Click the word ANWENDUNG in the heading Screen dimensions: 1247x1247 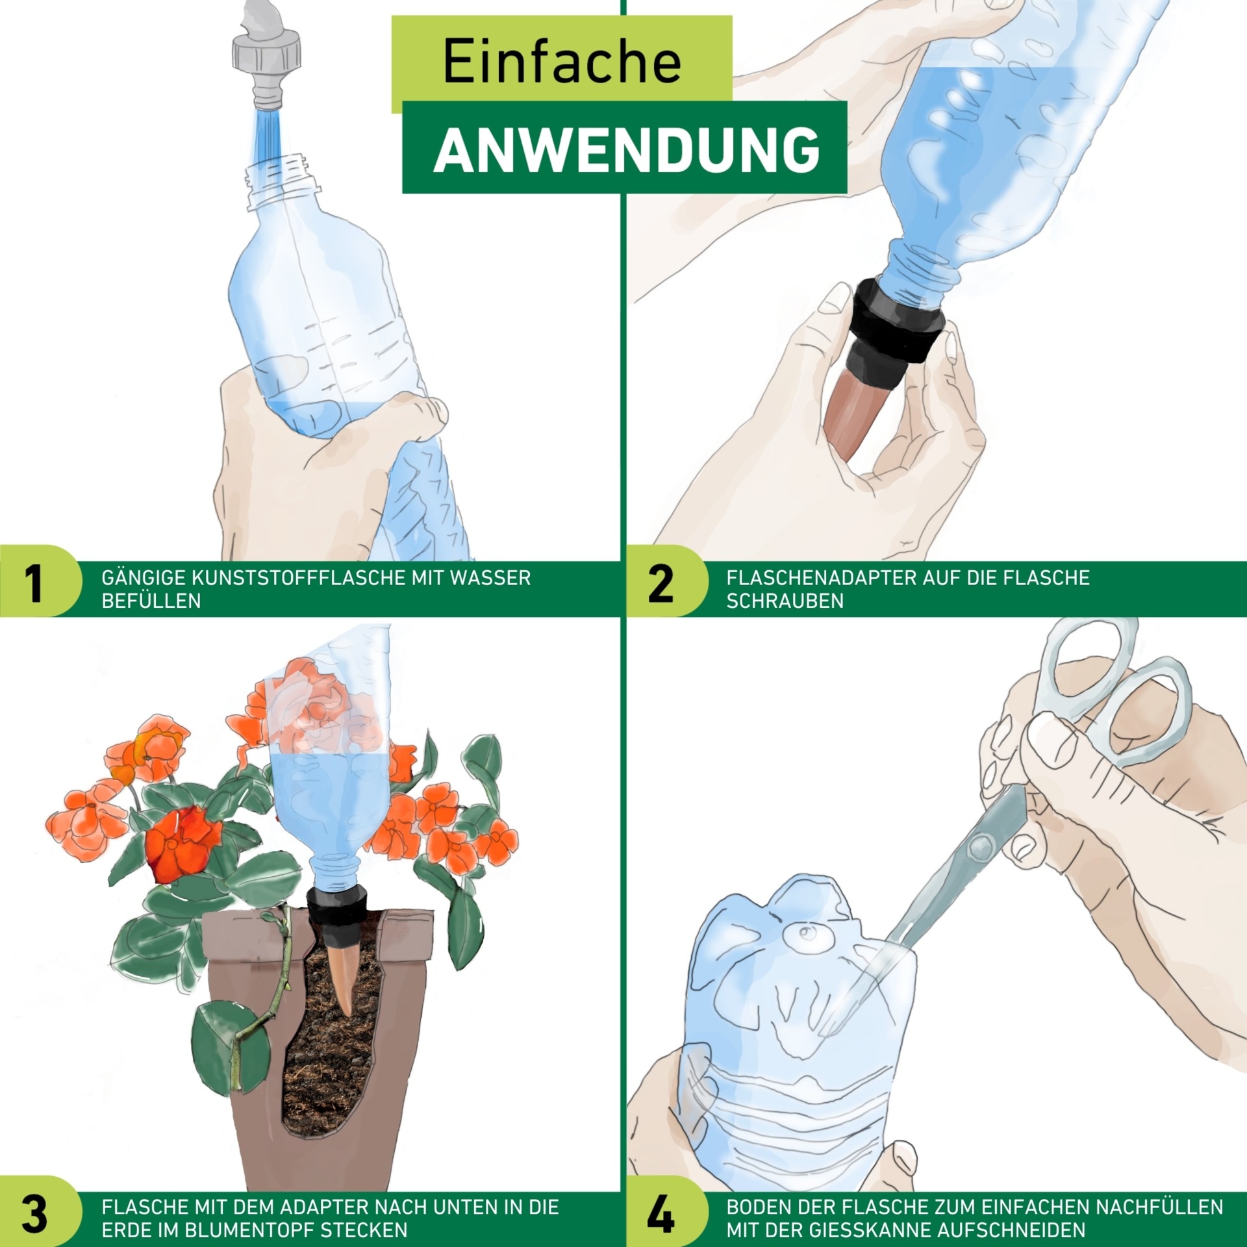(x=626, y=149)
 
